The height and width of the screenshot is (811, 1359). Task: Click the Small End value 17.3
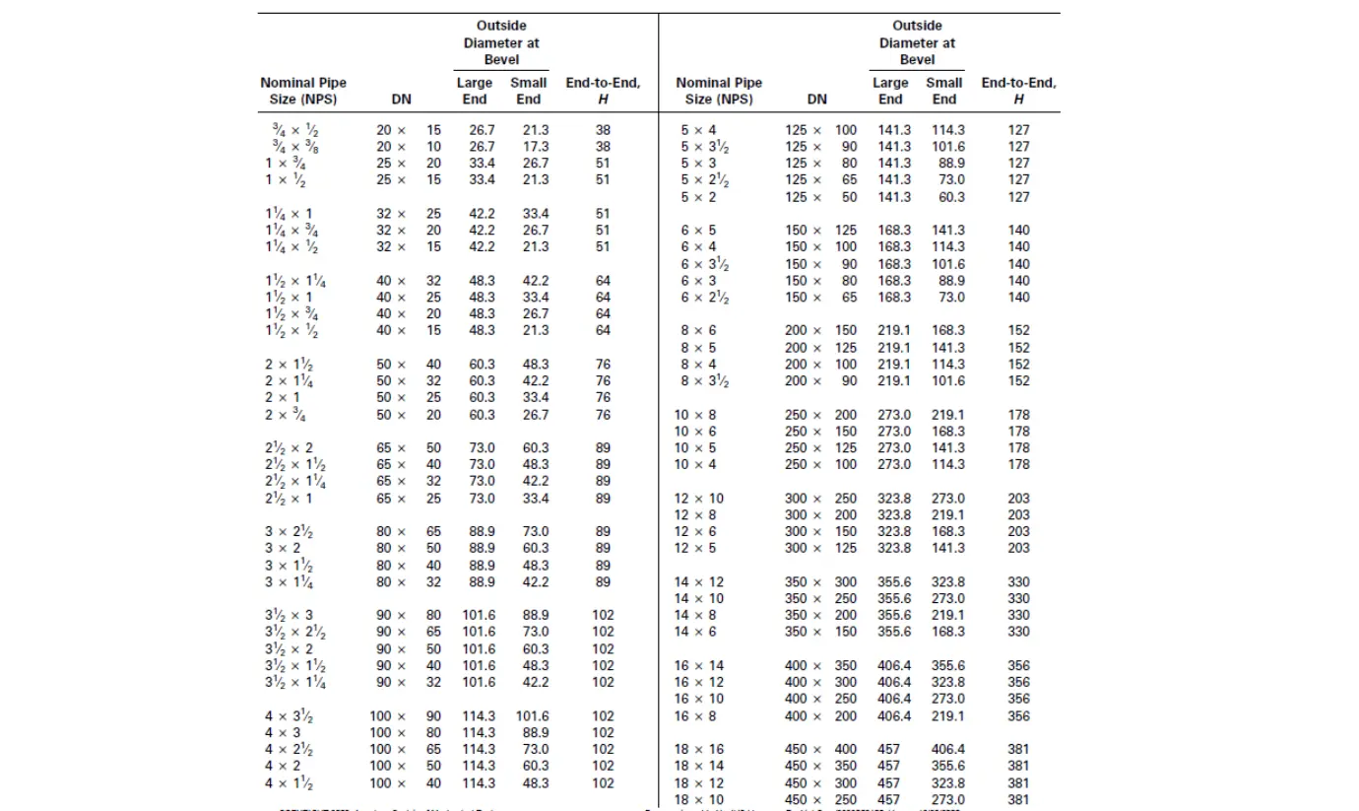point(536,147)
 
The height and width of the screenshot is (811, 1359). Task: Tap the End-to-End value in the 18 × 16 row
point(1018,750)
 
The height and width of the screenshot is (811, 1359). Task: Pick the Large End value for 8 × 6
point(894,331)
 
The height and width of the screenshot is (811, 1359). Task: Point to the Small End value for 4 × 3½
point(532,716)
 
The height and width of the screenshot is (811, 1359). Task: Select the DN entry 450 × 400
point(820,750)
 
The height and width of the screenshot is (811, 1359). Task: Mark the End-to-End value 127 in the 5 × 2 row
point(1018,197)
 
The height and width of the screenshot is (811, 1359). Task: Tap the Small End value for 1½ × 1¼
point(536,281)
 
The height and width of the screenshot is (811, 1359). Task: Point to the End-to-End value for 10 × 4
point(1018,465)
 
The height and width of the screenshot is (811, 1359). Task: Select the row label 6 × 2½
point(705,298)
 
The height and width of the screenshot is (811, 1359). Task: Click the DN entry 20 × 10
point(409,147)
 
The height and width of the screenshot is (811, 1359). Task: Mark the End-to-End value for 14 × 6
point(1018,633)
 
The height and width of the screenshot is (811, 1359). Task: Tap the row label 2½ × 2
point(289,448)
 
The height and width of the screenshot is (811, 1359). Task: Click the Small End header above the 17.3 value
point(529,91)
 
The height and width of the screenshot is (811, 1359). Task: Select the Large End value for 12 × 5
point(894,549)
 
